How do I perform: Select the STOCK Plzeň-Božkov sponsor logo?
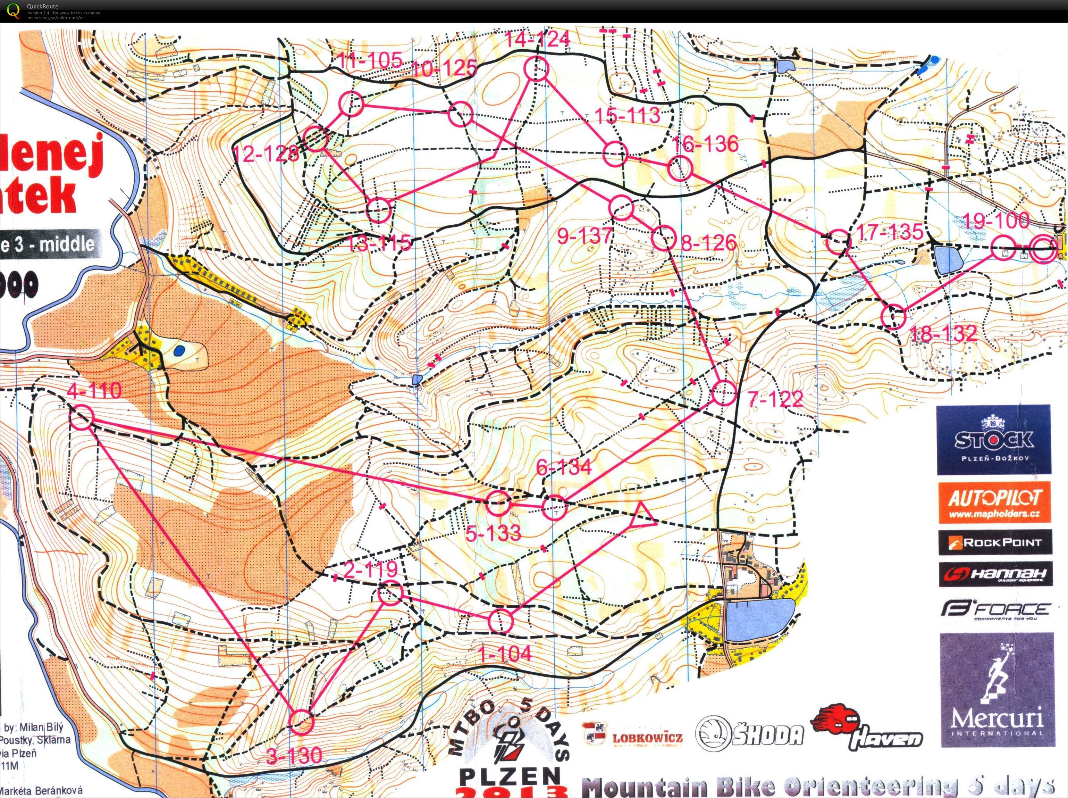coord(994,440)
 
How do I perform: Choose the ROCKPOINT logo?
coord(995,542)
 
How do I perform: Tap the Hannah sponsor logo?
coord(995,574)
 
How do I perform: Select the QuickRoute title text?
coord(42,6)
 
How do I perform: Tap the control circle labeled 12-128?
coord(316,139)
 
